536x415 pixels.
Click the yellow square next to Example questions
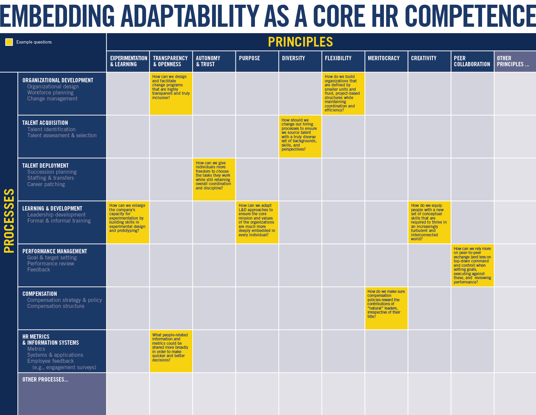(x=9, y=42)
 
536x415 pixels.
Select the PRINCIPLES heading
(x=300, y=42)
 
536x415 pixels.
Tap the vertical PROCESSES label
(x=9, y=221)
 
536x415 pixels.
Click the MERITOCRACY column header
(x=384, y=58)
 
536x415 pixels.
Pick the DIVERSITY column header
(x=293, y=58)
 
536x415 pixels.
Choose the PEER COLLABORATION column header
(x=472, y=61)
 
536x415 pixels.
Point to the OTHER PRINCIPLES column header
(x=513, y=61)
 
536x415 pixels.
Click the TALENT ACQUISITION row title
(x=45, y=123)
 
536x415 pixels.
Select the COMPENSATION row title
(x=40, y=294)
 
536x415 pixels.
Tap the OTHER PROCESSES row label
(x=45, y=380)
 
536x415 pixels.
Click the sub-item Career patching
(x=46, y=184)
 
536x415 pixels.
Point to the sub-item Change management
(x=52, y=99)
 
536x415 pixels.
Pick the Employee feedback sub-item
(x=51, y=361)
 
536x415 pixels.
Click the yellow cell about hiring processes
(x=300, y=137)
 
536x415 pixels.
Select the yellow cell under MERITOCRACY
(x=386, y=308)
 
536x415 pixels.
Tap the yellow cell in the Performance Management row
(x=472, y=265)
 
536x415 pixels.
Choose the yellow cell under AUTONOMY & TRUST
(x=214, y=179)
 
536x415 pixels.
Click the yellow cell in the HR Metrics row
(x=171, y=351)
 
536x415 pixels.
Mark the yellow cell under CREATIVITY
(x=429, y=222)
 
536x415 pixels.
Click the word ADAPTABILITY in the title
(x=189, y=16)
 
